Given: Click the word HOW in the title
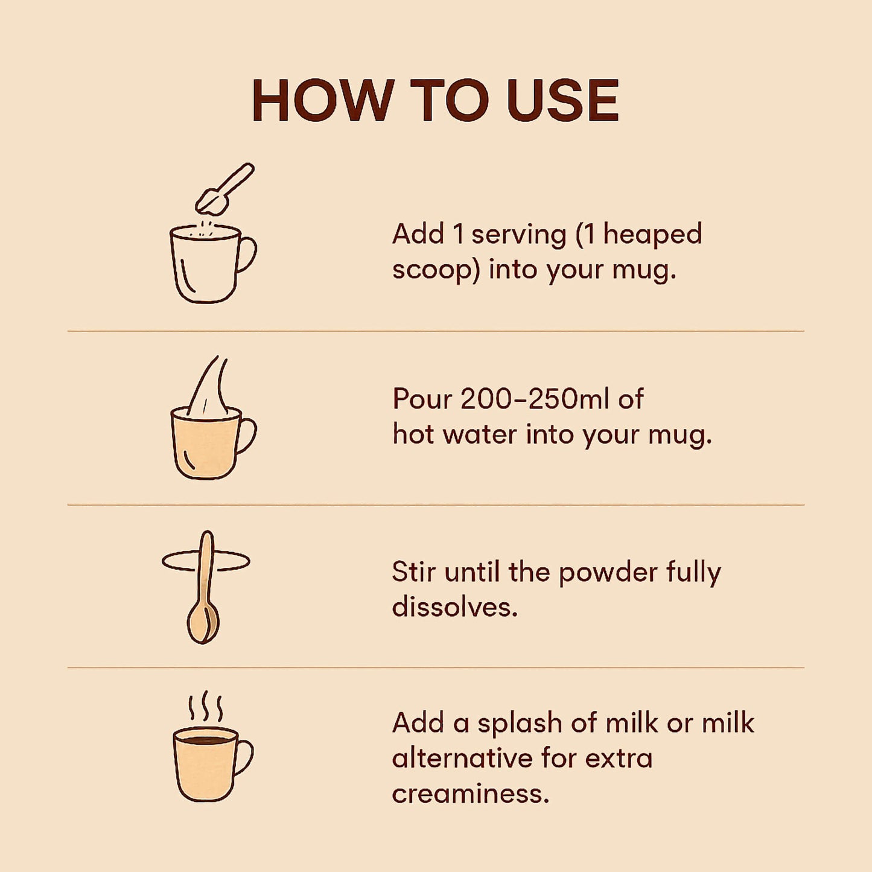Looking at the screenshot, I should pyautogui.click(x=322, y=100).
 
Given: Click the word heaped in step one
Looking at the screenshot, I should pyautogui.click(x=652, y=234).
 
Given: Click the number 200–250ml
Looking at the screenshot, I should pyautogui.click(x=535, y=399).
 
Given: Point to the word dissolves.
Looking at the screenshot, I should pyautogui.click(x=454, y=607).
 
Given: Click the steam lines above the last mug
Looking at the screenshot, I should pyautogui.click(x=206, y=707).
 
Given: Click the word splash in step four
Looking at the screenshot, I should pyautogui.click(x=520, y=723).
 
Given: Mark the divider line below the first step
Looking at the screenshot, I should pyautogui.click(x=436, y=331).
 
